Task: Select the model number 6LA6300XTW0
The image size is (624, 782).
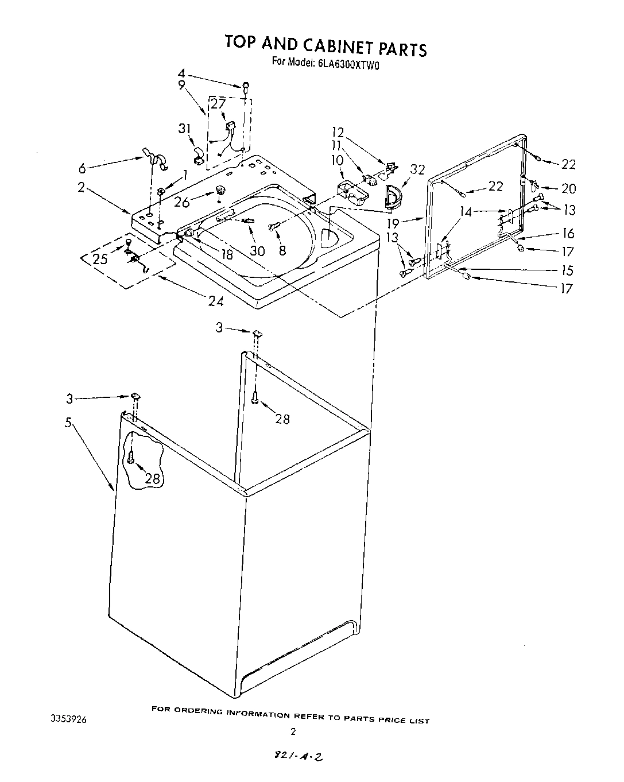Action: tap(348, 63)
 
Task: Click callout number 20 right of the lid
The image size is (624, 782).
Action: tap(568, 188)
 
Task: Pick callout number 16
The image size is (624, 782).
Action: tap(568, 233)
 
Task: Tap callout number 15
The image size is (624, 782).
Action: tap(568, 270)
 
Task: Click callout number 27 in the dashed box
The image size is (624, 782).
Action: tap(218, 104)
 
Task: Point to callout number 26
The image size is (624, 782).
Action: tap(181, 203)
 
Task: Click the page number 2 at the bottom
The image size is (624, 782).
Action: tap(293, 731)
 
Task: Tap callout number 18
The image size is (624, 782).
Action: tap(227, 254)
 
